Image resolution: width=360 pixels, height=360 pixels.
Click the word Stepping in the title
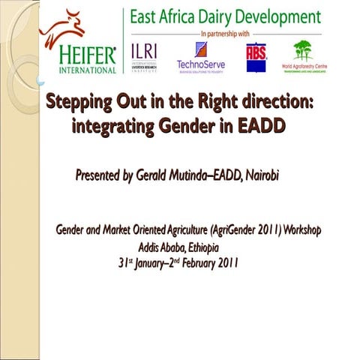[79, 102]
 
